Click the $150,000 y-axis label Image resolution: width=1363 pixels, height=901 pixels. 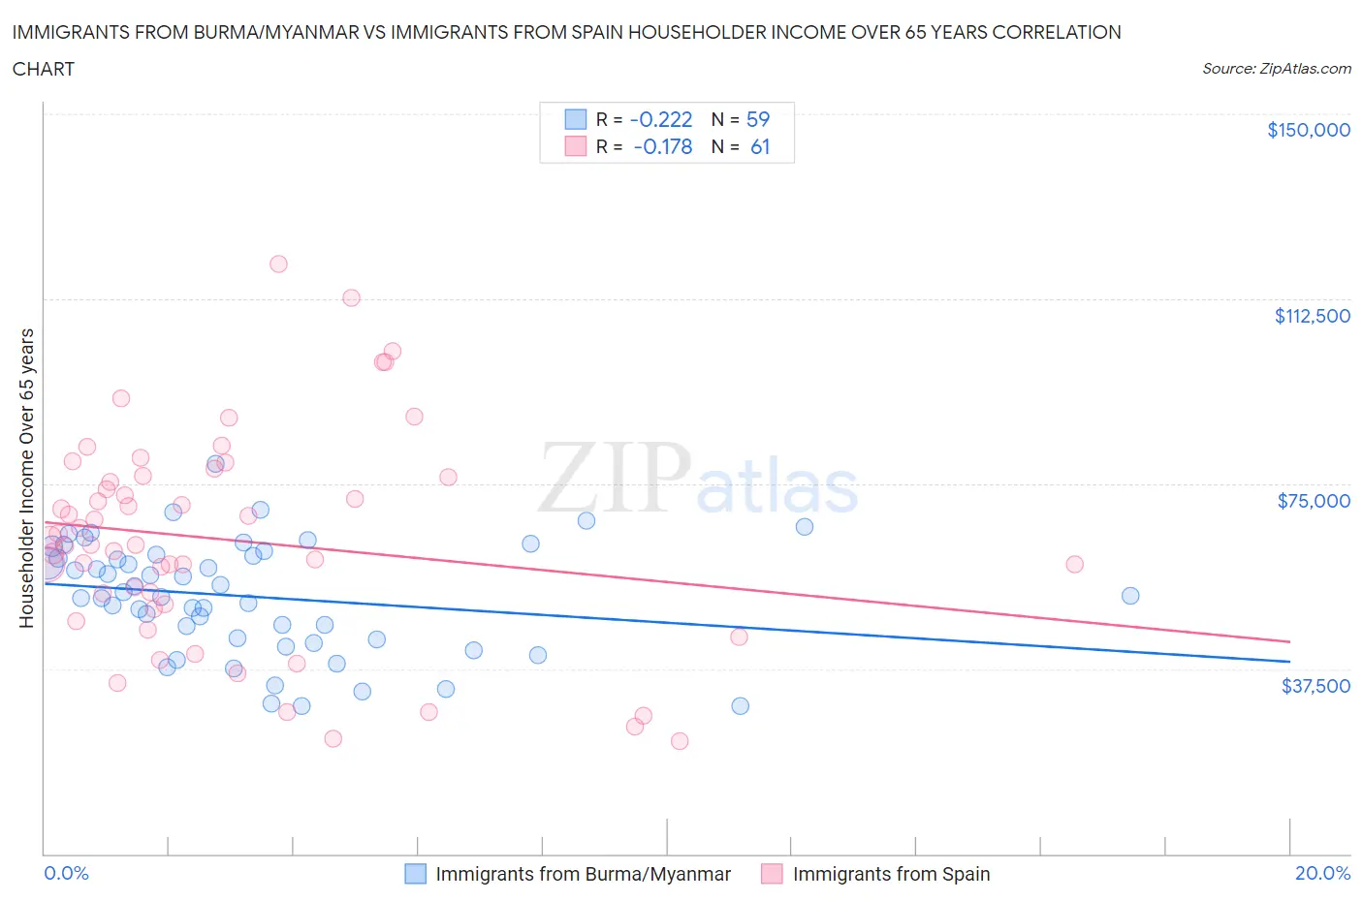1308,130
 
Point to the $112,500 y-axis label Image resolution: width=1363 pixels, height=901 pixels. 1312,316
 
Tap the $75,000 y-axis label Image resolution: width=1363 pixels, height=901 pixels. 1314,501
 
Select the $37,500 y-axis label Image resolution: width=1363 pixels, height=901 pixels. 1315,686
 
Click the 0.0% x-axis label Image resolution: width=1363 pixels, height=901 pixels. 66,873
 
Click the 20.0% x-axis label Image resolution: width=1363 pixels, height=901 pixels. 1322,873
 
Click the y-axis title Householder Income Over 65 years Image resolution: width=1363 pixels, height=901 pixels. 26,478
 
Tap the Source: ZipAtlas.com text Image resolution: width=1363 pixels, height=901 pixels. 1276,69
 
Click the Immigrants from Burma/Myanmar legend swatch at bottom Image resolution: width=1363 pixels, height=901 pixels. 415,874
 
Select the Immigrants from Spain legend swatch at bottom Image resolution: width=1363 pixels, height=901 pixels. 772,874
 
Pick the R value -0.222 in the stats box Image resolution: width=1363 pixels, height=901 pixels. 661,119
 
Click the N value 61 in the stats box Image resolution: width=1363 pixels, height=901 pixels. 760,146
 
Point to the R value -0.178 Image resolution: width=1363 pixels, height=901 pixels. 663,146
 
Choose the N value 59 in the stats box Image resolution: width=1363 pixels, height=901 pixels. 758,119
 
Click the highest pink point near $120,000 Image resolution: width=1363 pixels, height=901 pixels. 278,264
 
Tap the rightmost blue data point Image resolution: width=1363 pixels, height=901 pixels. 1130,596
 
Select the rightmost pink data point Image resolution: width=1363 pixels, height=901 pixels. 1074,564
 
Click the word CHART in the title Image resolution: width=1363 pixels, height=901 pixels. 44,69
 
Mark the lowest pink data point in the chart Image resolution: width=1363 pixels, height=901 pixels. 680,741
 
